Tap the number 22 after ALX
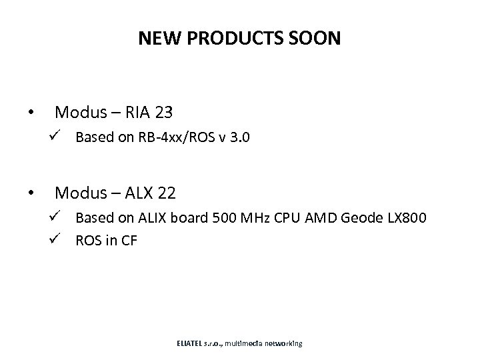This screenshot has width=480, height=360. (x=167, y=193)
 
